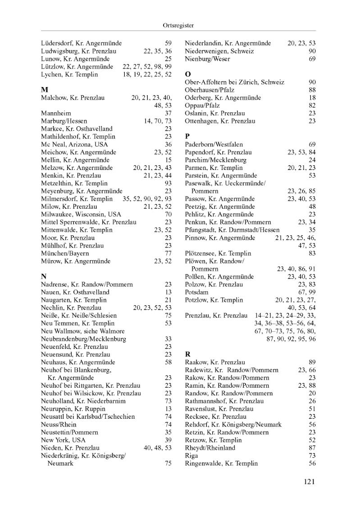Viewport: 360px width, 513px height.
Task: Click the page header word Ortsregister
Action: [179, 26]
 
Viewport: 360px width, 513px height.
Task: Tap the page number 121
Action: [309, 482]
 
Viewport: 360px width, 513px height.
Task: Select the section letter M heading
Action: [44, 89]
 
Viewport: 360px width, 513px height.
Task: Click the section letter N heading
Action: [44, 276]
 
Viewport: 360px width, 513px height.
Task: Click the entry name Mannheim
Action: [56, 113]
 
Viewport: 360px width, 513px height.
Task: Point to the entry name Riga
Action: [191, 456]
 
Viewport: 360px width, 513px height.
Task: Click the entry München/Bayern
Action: [65, 253]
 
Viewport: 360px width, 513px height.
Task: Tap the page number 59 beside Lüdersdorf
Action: [168, 43]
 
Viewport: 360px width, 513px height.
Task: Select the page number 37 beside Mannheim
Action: [168, 113]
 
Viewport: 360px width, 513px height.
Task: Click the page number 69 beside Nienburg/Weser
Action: [312, 59]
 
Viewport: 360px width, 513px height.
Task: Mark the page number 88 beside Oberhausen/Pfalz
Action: [312, 90]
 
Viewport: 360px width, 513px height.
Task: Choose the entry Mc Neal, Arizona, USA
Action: [74, 144]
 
